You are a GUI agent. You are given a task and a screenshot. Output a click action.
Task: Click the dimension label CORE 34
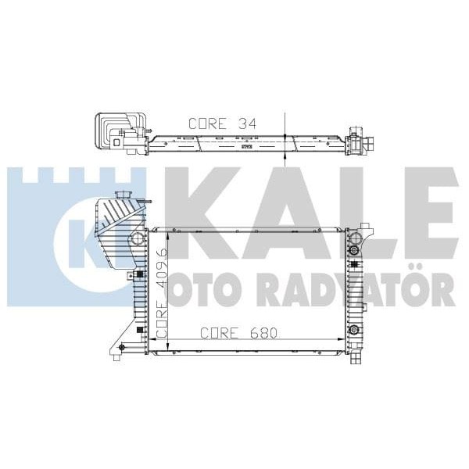point(222,124)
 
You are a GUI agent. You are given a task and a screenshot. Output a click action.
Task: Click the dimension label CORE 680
point(238,333)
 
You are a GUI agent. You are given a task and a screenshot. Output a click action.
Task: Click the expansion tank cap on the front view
point(124,194)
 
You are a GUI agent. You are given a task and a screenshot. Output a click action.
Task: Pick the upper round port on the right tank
point(354,250)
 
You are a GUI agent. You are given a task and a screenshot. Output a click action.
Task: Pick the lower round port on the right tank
point(354,328)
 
